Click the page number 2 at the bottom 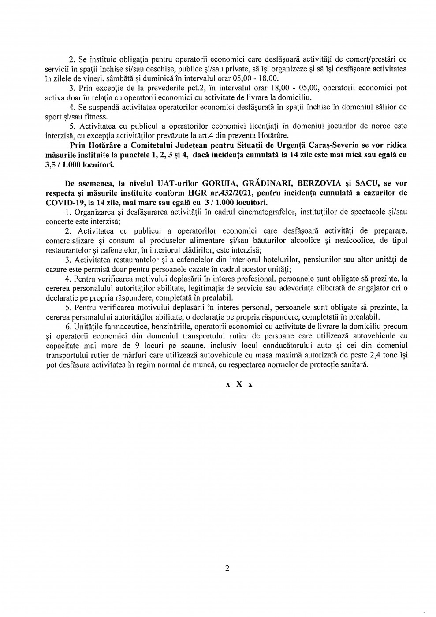click(227, 568)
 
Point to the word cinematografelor click(242, 211)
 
